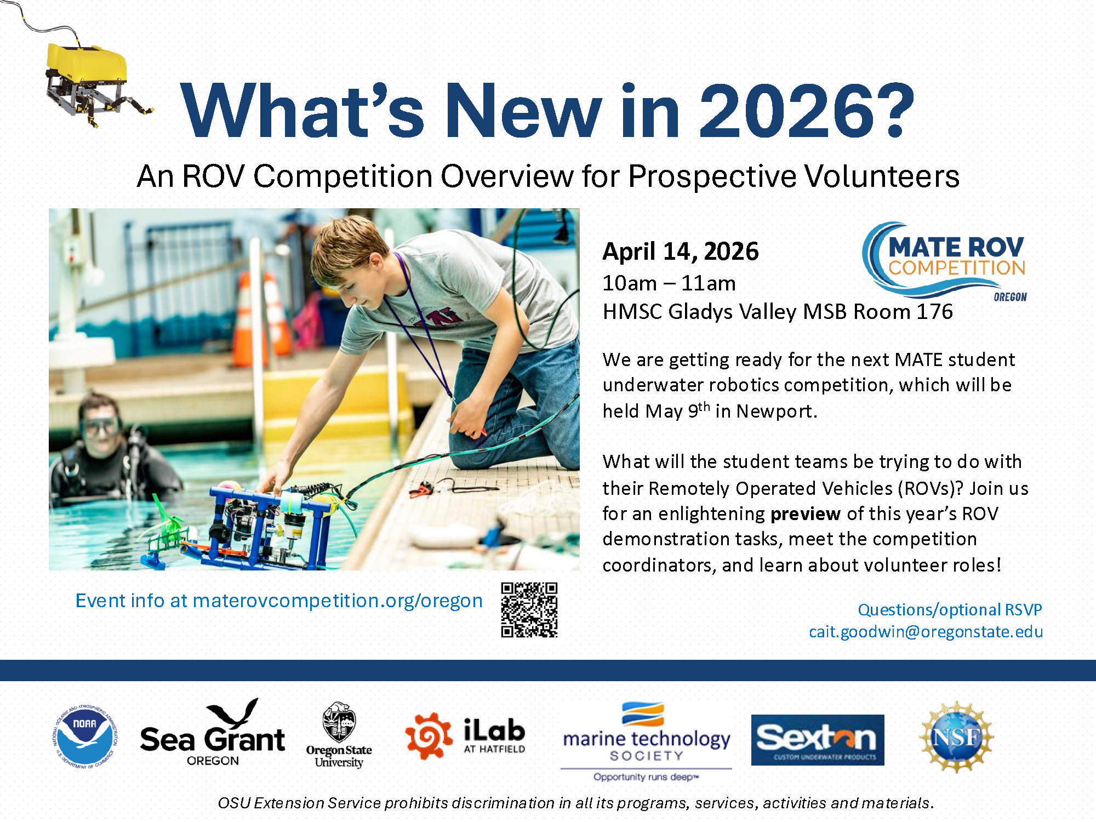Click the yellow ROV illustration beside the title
point(93,82)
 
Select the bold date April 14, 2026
point(681,252)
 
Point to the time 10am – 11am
point(669,283)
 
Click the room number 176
point(935,311)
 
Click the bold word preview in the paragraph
point(805,514)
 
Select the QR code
point(529,610)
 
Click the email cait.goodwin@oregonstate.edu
point(926,632)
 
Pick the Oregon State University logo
point(339,735)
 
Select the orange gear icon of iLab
point(429,736)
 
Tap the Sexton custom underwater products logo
point(818,740)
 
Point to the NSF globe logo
point(956,737)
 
